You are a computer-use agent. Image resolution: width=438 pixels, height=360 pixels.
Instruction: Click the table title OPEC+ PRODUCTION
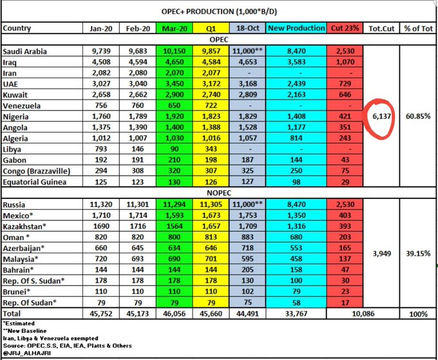[219, 12]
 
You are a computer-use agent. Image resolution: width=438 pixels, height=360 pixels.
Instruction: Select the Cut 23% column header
[346, 28]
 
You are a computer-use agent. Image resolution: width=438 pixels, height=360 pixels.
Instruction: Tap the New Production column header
[296, 28]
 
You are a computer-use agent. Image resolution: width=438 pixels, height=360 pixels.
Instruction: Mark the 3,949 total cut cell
[381, 254]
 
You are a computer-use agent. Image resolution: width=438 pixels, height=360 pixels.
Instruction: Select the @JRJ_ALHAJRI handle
[27, 352]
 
